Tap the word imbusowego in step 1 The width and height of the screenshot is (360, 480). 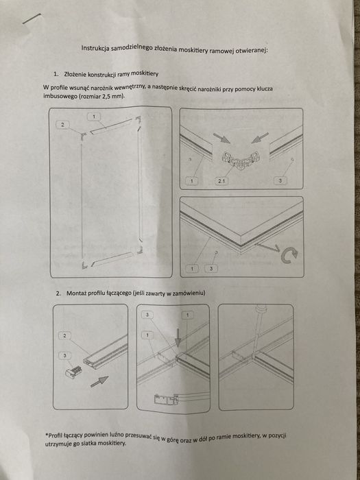coord(58,96)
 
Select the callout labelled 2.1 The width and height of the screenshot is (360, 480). coord(221,181)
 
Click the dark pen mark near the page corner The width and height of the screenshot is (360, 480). coord(32,19)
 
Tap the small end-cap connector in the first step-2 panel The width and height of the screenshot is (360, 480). coord(73,372)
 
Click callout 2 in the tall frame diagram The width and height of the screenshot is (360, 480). coord(62,125)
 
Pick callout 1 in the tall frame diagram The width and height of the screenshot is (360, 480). coord(95,117)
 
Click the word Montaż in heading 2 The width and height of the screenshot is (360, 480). coord(77,293)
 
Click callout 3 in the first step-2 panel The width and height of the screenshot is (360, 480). coord(64,355)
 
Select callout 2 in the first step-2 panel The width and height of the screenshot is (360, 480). coord(64,336)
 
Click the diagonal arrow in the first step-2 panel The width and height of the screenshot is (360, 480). coord(99,382)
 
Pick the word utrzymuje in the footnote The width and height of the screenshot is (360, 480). coord(58,443)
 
